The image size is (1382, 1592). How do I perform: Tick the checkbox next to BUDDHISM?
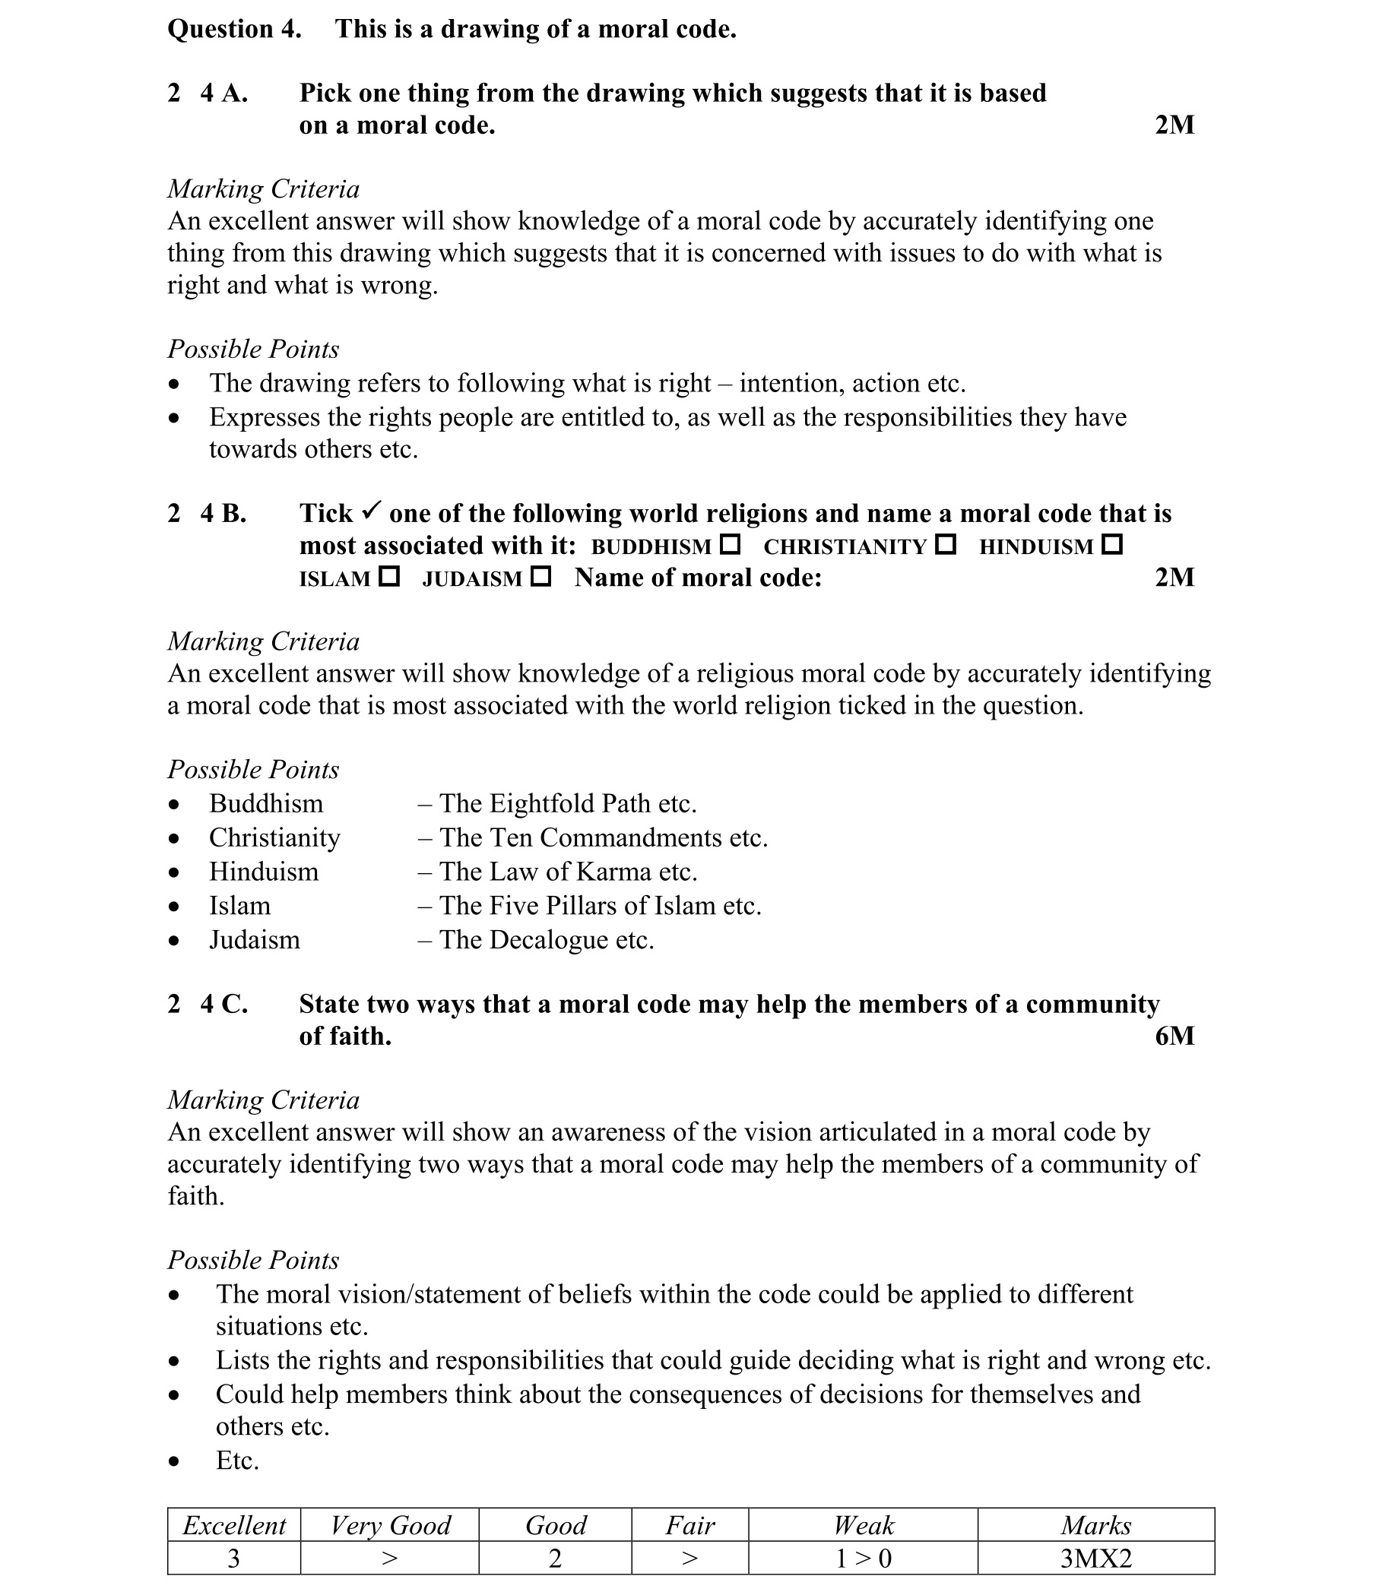click(730, 544)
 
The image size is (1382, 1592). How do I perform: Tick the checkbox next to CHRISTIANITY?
click(946, 544)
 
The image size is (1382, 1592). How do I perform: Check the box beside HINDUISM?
click(1112, 544)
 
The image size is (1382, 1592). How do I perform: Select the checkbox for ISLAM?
click(389, 576)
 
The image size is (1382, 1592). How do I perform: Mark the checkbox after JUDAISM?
click(541, 576)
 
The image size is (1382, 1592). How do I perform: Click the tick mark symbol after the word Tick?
click(371, 510)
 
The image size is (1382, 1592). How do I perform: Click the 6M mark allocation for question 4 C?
click(1174, 1036)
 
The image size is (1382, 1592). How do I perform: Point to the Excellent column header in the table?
click(233, 1525)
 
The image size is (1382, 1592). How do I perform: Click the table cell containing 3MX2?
click(1096, 1558)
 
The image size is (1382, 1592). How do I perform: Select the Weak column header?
click(863, 1525)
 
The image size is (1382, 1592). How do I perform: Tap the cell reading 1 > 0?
click(863, 1558)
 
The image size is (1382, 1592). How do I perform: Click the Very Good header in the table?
click(389, 1525)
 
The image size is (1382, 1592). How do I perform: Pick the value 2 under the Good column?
click(554, 1558)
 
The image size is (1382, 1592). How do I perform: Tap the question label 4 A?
click(223, 93)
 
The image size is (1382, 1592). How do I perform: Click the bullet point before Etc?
click(174, 1461)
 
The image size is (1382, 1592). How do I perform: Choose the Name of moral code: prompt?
click(698, 577)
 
